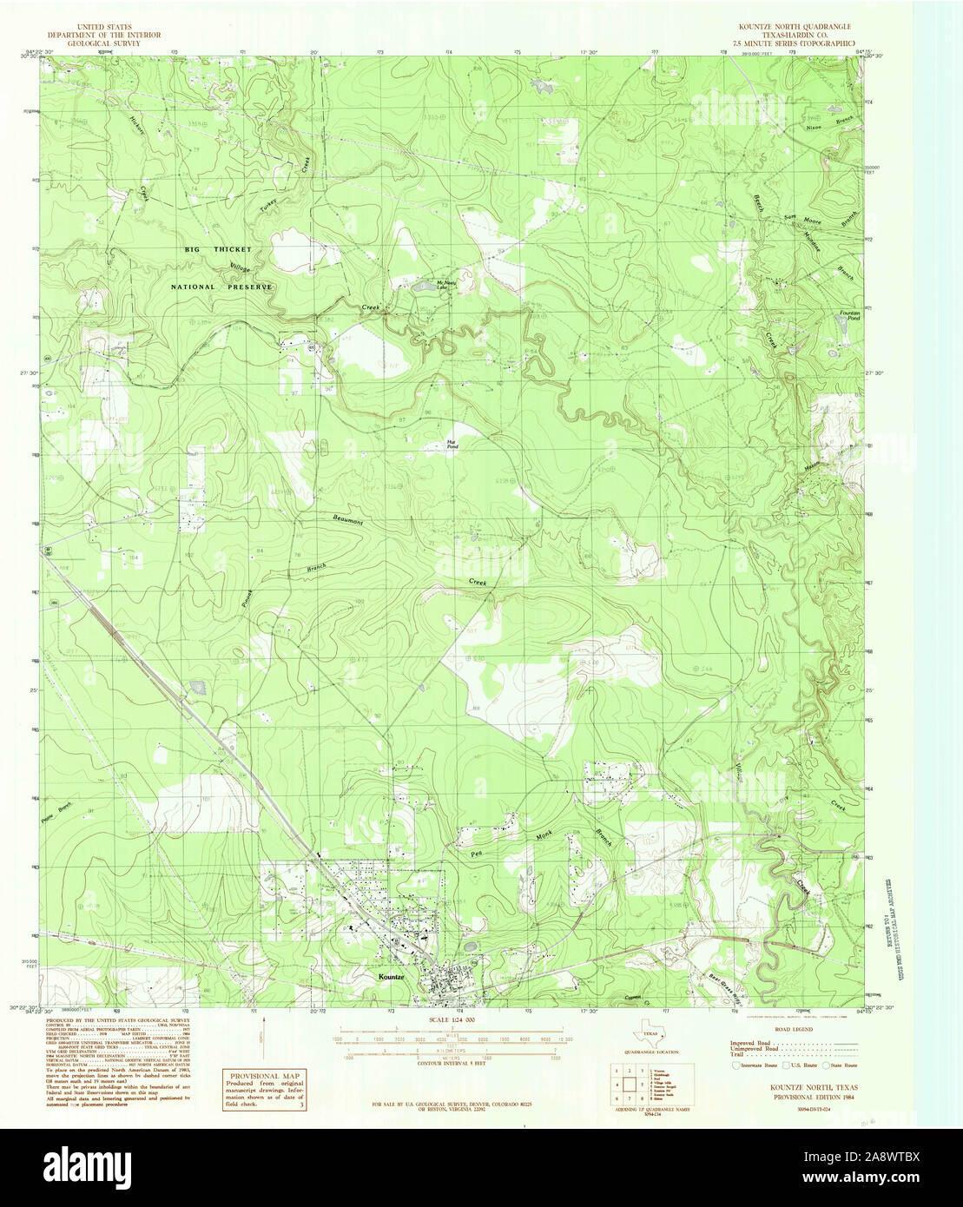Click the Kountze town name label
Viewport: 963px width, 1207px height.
tap(392, 977)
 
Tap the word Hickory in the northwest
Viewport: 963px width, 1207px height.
tap(134, 128)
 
